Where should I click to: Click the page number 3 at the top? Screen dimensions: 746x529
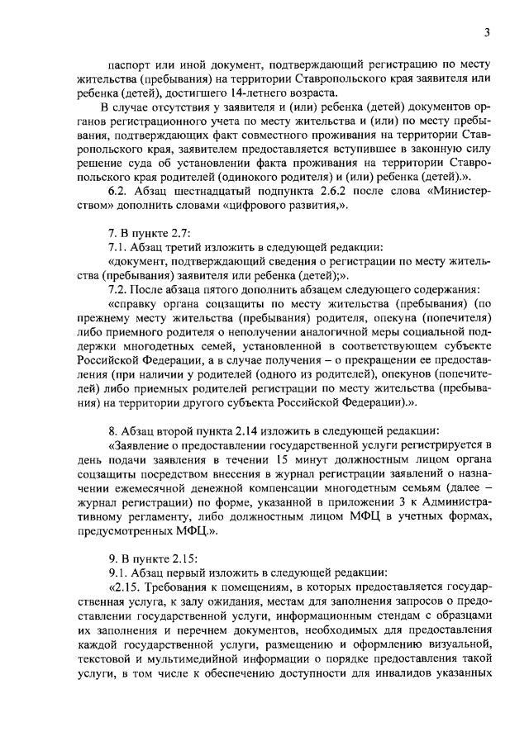coord(488,33)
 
